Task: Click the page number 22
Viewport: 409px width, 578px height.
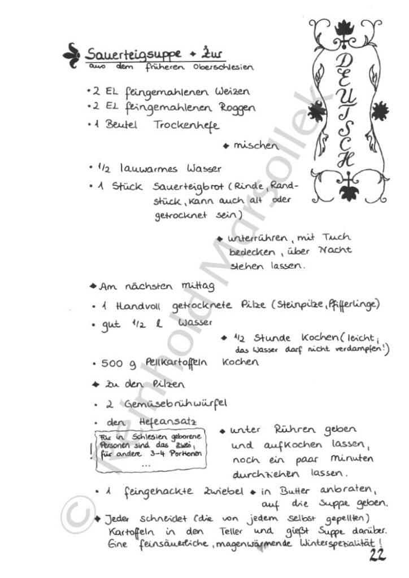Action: (x=376, y=556)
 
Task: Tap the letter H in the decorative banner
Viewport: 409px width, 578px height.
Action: (x=343, y=160)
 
